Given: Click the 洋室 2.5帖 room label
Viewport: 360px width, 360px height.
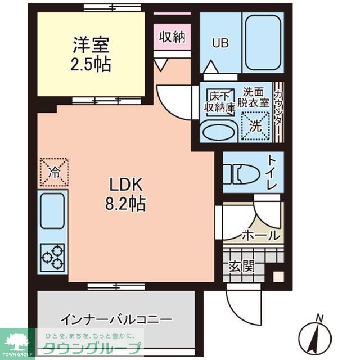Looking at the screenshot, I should tap(91, 54).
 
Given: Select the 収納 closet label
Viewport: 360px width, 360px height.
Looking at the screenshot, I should tap(172, 37).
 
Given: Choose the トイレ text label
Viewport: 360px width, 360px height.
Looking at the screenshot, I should tap(272, 172).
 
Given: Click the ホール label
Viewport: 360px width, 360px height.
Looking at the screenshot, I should tap(260, 235).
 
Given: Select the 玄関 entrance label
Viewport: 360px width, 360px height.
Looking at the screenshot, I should tap(240, 265).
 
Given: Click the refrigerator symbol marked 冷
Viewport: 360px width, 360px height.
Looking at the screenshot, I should tap(53, 172).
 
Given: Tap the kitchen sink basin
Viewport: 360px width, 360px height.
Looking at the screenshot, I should tap(52, 210).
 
